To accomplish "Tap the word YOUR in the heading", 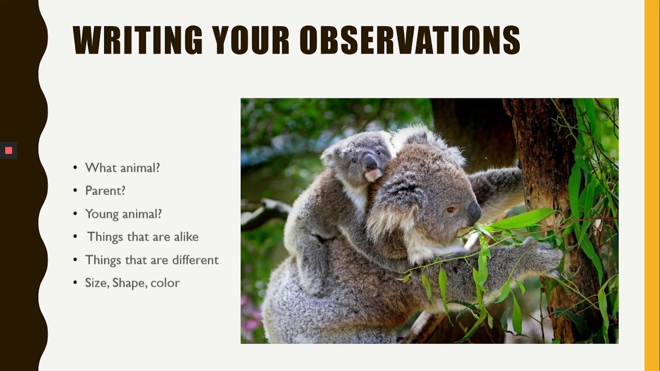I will [x=251, y=40].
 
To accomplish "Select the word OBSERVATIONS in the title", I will [x=410, y=40].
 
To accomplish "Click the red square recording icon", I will [x=9, y=150].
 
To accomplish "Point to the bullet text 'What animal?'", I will [x=122, y=167].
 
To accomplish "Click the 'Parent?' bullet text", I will [x=105, y=191].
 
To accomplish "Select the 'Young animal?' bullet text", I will [x=123, y=214].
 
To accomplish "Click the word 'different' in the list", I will [x=195, y=260].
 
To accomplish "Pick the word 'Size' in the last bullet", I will [x=96, y=283].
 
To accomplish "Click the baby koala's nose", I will [x=370, y=163].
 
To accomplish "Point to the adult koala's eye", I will [x=450, y=209].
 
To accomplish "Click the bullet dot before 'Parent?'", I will [x=75, y=191].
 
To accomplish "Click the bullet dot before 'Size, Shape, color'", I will [x=75, y=283].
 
